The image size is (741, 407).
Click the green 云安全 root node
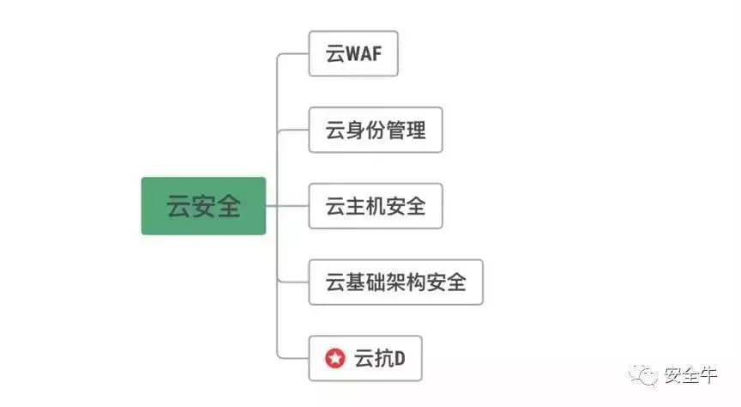coord(203,206)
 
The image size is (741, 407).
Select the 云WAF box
coord(353,54)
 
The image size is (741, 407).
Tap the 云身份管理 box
coord(375,131)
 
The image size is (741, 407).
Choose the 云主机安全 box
coord(375,206)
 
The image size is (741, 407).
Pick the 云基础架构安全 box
coord(395,282)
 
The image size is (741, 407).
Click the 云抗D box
coord(365,358)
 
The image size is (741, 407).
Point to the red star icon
coord(335,359)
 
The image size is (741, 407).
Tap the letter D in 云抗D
coord(399,359)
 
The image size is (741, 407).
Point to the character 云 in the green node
coord(178,207)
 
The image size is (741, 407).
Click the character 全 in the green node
coord(228,207)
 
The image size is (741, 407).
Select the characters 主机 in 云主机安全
coord(375,207)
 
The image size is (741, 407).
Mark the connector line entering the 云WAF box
coord(293,54)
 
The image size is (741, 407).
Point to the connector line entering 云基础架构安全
coord(293,282)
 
